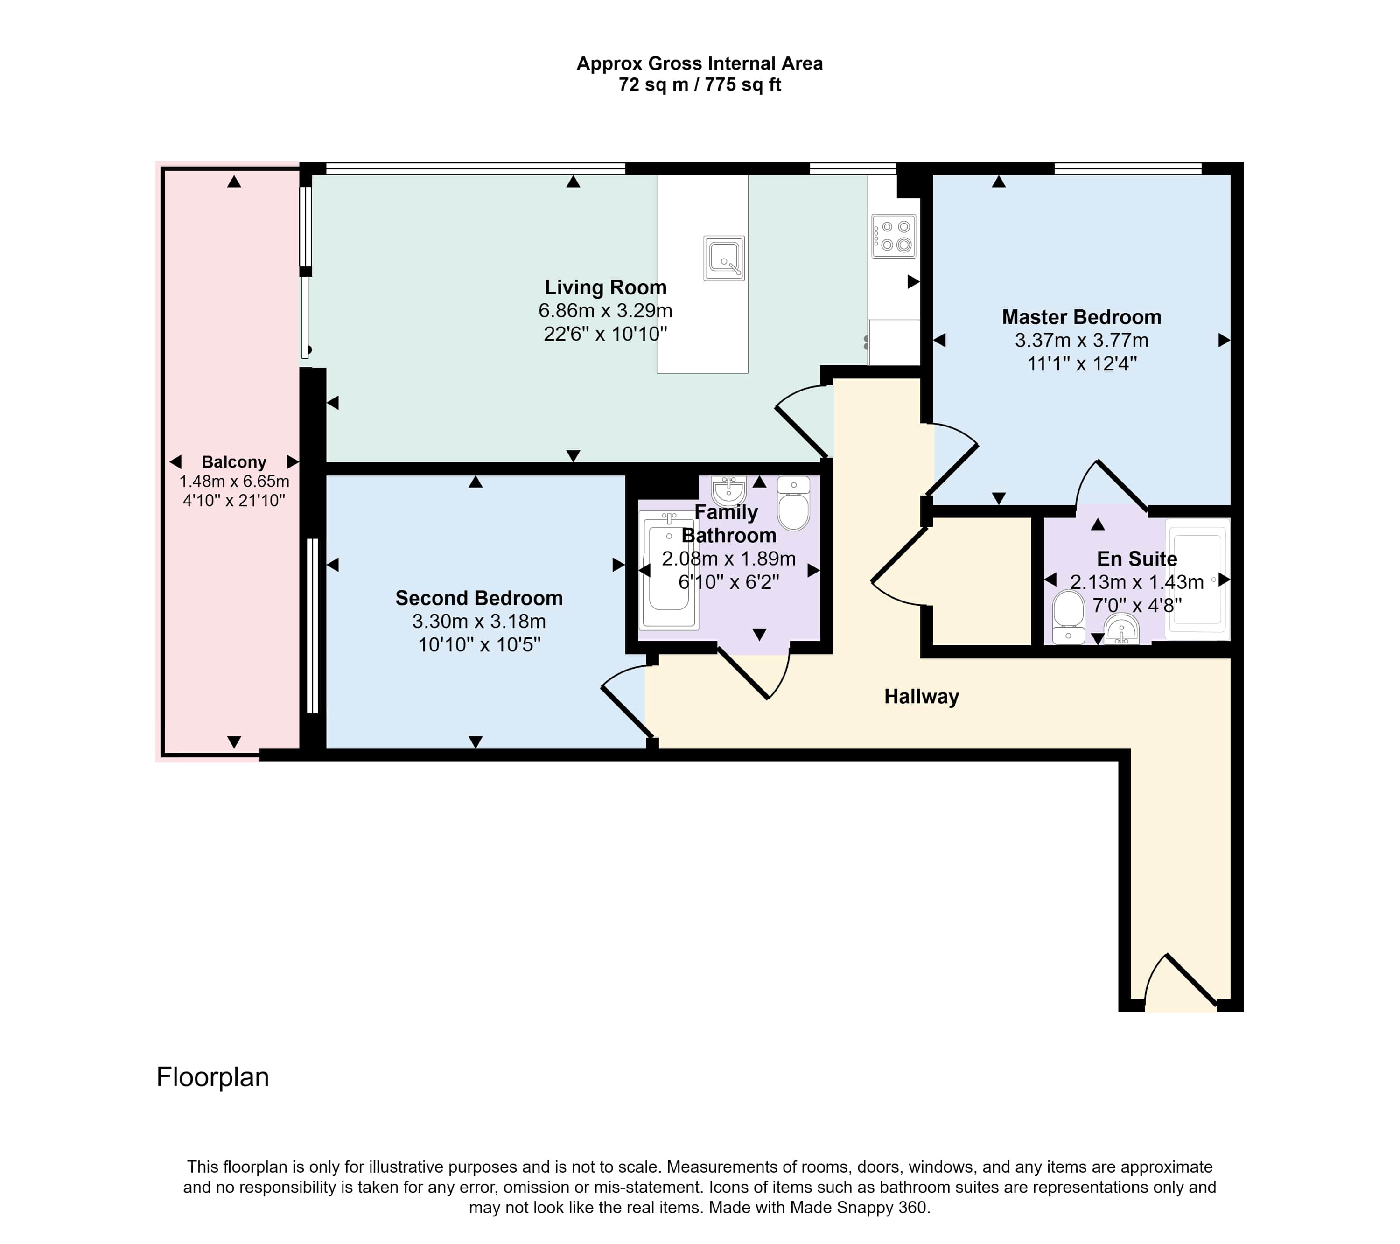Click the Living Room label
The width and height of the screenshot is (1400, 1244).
605,288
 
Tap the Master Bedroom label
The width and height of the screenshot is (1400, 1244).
1082,317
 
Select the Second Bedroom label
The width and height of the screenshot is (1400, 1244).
479,598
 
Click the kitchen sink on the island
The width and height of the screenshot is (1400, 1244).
724,258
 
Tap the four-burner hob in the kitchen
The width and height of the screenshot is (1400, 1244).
894,236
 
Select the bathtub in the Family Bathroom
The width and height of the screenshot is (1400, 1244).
668,571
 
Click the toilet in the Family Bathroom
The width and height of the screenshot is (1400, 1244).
794,503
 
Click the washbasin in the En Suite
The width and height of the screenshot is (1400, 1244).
1121,629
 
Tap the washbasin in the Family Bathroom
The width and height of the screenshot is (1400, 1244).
729,490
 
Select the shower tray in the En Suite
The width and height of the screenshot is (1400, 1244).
1198,580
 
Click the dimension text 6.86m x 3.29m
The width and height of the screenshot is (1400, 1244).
605,311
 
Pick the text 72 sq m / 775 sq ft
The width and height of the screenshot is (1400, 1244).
700,85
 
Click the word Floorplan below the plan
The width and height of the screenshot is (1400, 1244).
213,1077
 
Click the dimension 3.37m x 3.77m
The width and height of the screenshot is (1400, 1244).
1082,341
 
